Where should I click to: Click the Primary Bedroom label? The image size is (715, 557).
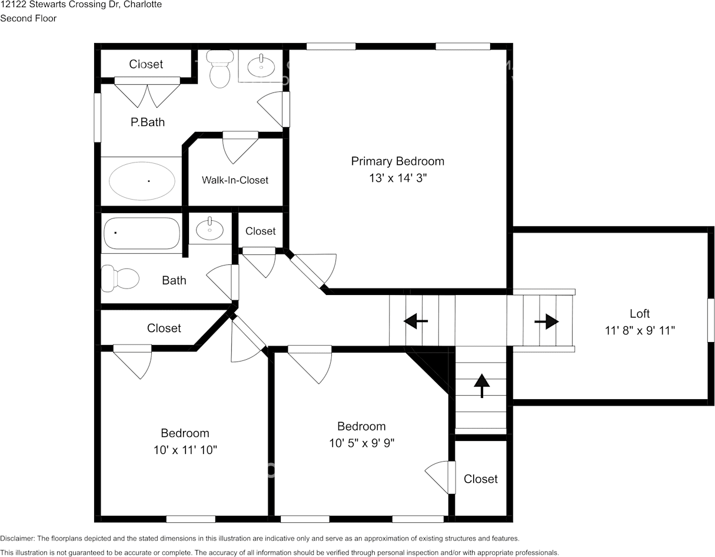(x=397, y=161)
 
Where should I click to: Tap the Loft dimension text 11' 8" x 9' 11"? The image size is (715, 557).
(x=640, y=330)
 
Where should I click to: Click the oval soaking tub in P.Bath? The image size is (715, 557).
(x=142, y=181)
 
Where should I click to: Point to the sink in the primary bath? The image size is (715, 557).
(x=261, y=66)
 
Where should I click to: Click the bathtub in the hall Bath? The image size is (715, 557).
(x=142, y=234)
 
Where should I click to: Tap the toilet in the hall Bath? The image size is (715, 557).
(x=119, y=278)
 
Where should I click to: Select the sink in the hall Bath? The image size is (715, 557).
(x=209, y=228)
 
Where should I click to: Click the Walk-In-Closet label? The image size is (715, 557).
(x=235, y=180)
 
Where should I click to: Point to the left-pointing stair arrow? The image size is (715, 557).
(x=415, y=321)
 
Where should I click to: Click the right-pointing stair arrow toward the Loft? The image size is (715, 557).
(x=546, y=321)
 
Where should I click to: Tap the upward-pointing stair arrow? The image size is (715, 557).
(x=481, y=385)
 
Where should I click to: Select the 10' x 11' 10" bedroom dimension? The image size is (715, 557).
(x=185, y=450)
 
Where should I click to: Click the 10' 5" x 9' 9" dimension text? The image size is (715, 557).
(x=361, y=443)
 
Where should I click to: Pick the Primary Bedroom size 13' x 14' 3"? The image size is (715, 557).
(x=397, y=178)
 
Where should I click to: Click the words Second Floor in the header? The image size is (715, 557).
(x=28, y=18)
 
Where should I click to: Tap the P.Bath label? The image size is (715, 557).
(x=147, y=122)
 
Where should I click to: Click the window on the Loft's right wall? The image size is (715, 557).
(x=710, y=320)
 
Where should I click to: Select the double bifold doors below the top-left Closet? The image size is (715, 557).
(x=147, y=94)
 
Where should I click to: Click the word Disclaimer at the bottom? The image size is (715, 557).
(x=17, y=538)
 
